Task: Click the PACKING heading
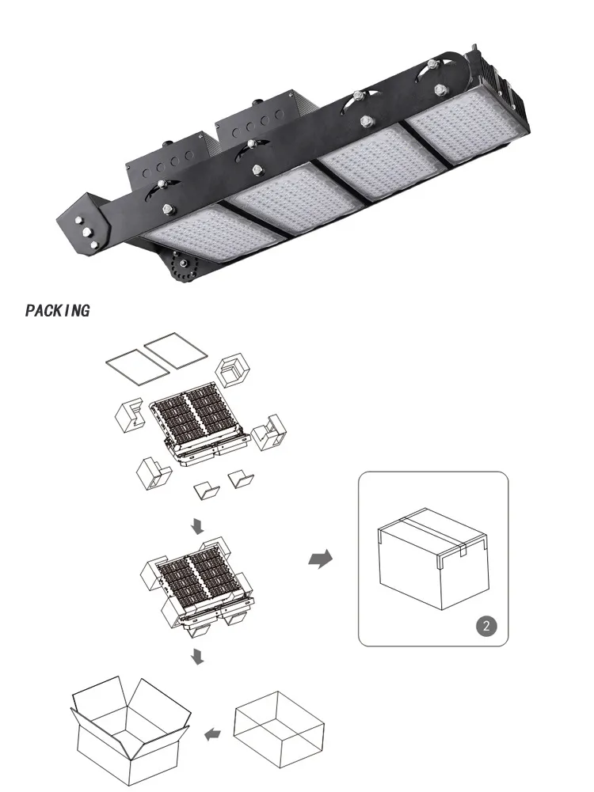pos(57,310)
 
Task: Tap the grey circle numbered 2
pos(487,626)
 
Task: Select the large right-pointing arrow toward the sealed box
pos(319,559)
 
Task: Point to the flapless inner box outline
pos(280,726)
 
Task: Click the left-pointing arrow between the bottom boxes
pos(211,735)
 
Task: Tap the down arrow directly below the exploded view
pos(196,525)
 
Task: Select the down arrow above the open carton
pos(196,656)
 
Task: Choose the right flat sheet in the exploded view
pos(178,349)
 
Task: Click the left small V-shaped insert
pos(208,491)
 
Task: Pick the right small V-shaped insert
pos(240,479)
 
